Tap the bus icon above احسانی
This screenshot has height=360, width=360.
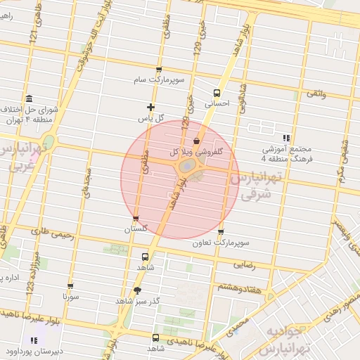click(x=217, y=92)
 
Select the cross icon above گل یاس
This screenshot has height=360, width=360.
click(x=150, y=108)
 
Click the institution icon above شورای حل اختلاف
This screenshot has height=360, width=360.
click(x=27, y=98)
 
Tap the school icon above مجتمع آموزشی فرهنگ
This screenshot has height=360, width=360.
click(x=285, y=138)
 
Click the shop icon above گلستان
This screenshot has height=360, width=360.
click(x=136, y=219)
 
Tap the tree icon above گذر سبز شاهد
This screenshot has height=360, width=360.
click(x=136, y=290)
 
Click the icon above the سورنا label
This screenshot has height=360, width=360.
click(x=70, y=285)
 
